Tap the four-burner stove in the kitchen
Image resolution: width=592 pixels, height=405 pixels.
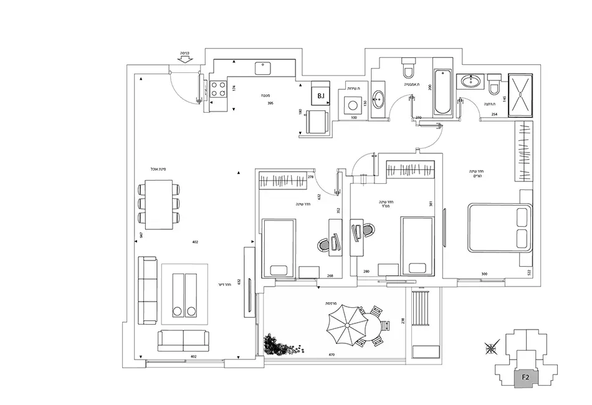click(217, 89)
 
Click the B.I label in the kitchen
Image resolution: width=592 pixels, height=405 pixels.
click(321, 96)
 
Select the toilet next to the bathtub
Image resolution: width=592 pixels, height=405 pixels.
click(408, 66)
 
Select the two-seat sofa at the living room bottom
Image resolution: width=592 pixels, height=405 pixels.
click(183, 341)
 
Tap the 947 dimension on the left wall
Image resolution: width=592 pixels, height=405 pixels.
click(142, 236)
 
